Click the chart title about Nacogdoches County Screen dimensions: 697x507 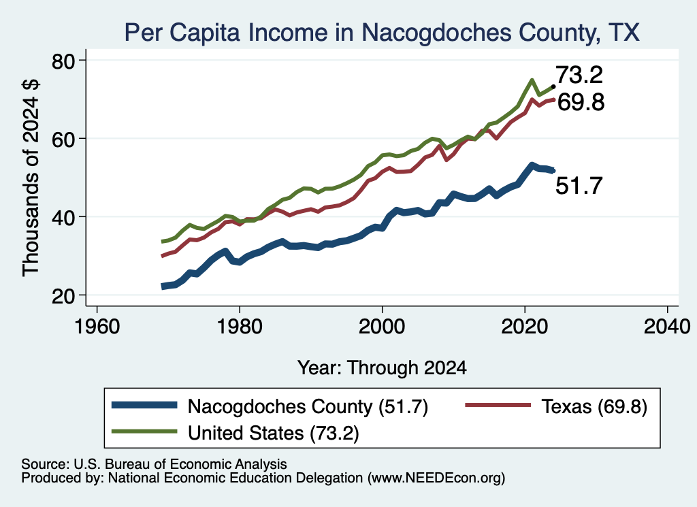[382, 33]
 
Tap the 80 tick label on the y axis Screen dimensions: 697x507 [64, 61]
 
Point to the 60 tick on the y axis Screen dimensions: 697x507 [64, 139]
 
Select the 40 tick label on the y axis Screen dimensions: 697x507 [64, 217]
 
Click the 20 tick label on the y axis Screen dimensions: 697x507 [64, 295]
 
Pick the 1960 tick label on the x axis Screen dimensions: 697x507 [97, 327]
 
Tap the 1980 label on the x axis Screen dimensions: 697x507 [240, 327]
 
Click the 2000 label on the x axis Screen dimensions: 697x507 [382, 327]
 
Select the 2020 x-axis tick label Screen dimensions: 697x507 [525, 327]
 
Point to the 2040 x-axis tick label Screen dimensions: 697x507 [667, 327]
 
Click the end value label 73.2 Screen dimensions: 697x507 [579, 75]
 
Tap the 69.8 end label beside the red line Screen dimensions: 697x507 [581, 102]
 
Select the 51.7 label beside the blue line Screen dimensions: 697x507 [579, 185]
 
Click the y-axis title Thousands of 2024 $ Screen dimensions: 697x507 [31, 178]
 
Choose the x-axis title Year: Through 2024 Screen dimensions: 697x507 [382, 368]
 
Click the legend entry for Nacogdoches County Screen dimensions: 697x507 [270, 406]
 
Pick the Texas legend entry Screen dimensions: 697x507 [556, 406]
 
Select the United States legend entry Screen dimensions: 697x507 [235, 433]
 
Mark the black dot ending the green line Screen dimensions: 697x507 [553, 86]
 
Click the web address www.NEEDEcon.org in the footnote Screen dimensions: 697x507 [436, 478]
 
